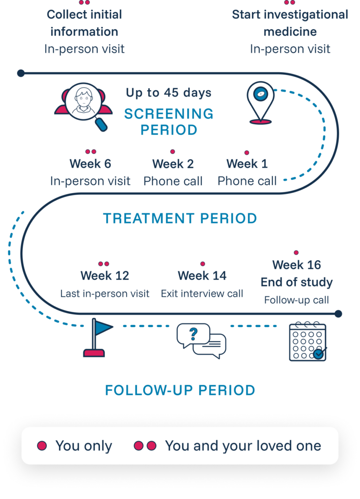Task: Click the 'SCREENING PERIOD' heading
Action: [169, 122]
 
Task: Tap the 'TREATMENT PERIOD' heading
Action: [180, 219]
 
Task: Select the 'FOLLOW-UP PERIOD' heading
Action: [180, 390]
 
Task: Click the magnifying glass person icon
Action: [83, 107]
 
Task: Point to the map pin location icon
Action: [261, 102]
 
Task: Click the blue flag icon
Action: [97, 338]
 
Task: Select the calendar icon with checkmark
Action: [308, 342]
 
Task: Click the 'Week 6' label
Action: [90, 164]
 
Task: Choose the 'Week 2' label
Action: [173, 164]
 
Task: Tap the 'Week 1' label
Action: [247, 164]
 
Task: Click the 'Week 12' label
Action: [105, 276]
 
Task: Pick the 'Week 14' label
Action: [202, 276]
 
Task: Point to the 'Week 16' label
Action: [297, 265]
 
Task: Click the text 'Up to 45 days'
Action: [169, 93]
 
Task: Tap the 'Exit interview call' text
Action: [202, 293]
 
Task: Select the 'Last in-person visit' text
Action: [105, 293]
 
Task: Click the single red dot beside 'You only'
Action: [42, 445]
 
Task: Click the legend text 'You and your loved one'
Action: [243, 446]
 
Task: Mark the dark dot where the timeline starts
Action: [20, 74]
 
